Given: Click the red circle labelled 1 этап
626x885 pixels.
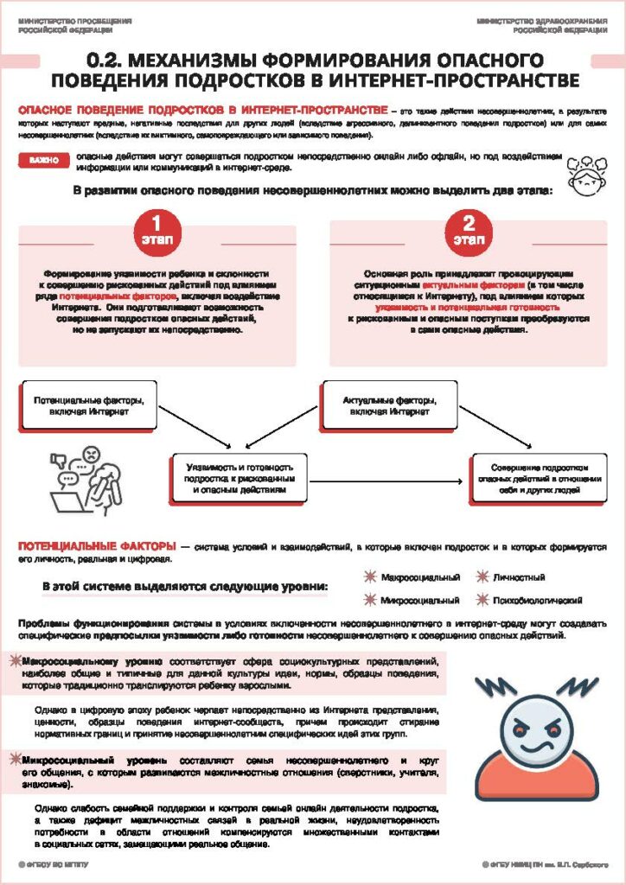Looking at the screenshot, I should tap(156, 228).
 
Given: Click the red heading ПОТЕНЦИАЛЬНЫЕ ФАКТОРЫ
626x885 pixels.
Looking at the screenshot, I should tap(92, 547).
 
